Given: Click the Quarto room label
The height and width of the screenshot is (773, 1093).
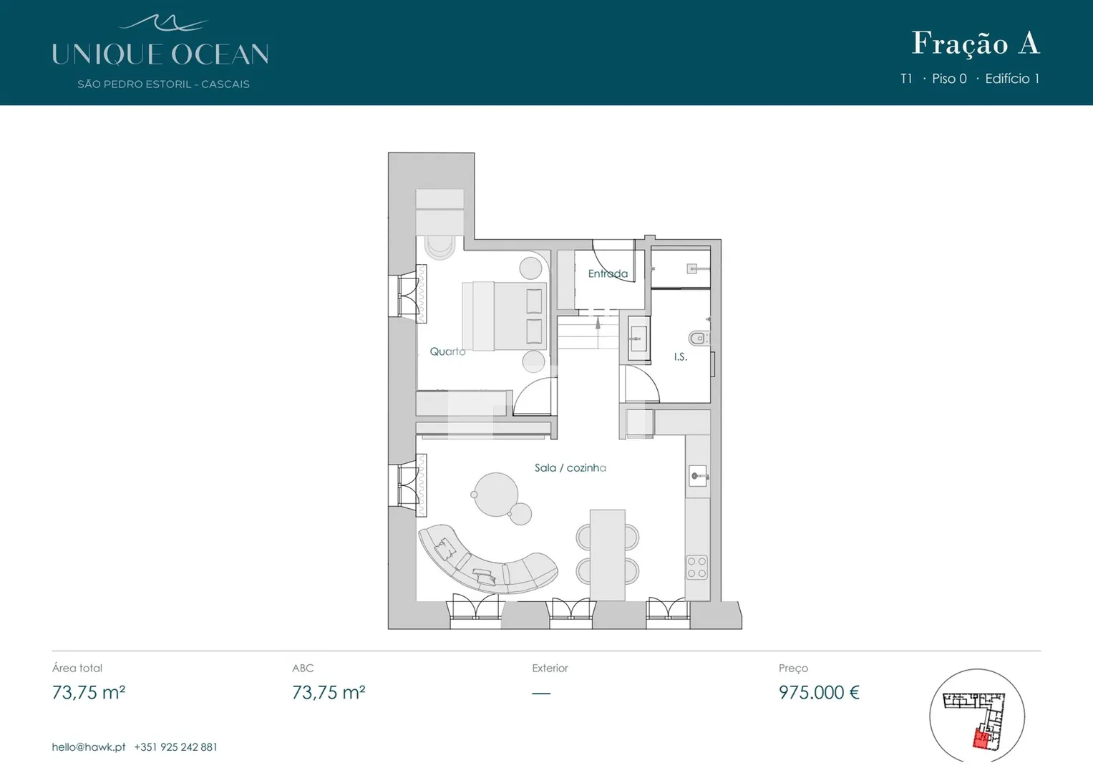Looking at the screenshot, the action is (447, 351).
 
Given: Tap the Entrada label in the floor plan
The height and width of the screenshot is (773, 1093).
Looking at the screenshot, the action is (608, 273).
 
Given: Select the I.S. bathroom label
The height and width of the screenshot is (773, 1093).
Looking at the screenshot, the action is (680, 356).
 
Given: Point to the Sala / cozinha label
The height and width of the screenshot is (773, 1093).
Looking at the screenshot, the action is (570, 467).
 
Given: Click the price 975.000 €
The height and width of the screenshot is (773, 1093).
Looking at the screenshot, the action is (819, 693).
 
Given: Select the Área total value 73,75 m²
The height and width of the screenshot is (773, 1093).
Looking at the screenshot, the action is (88, 693).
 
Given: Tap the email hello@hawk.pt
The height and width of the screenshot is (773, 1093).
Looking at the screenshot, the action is (88, 747).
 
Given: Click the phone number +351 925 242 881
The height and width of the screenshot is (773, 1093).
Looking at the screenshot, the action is (175, 747).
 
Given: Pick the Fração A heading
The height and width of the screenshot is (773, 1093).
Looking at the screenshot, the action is (976, 44).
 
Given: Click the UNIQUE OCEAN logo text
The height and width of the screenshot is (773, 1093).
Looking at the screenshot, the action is (160, 54).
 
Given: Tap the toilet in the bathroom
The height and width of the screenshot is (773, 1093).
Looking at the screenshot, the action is (699, 338).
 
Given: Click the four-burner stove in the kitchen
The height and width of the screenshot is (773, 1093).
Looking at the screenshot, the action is (696, 567).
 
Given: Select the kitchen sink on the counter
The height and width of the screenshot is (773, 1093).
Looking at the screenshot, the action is (699, 476).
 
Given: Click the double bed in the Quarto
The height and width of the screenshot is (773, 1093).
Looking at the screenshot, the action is (505, 316).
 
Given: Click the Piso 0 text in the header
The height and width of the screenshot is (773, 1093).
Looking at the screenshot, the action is (949, 79).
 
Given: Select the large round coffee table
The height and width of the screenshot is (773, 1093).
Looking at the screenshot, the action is (496, 495).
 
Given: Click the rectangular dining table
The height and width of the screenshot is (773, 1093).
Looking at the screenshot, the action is (608, 555).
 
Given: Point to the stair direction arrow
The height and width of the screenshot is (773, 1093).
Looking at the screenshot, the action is (598, 323).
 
